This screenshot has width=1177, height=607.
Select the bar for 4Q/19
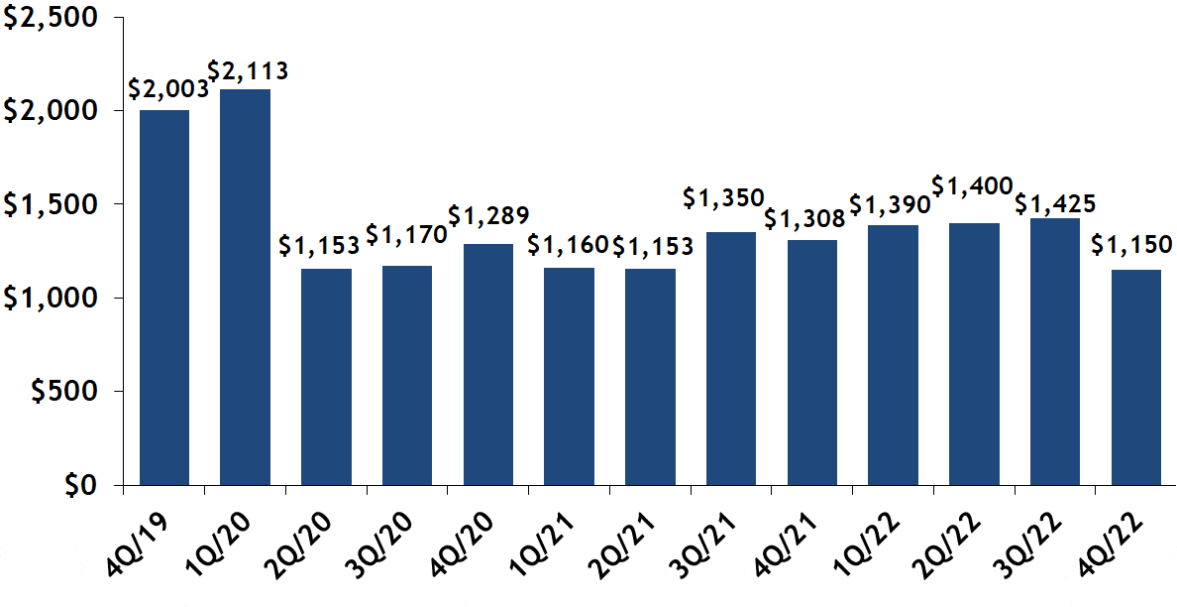point(164,298)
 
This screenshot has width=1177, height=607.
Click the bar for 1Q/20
point(245,288)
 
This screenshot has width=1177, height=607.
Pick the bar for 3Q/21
point(731,358)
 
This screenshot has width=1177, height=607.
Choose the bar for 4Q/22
point(1136,377)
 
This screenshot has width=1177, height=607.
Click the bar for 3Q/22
point(1055,351)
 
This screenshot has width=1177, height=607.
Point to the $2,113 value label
point(248,70)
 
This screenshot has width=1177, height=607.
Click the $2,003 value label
point(168,88)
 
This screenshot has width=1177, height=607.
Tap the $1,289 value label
point(488,215)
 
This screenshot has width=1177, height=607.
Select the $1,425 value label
point(1056,204)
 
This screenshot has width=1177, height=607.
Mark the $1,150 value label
point(1132,244)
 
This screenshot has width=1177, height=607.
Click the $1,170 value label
point(406,236)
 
